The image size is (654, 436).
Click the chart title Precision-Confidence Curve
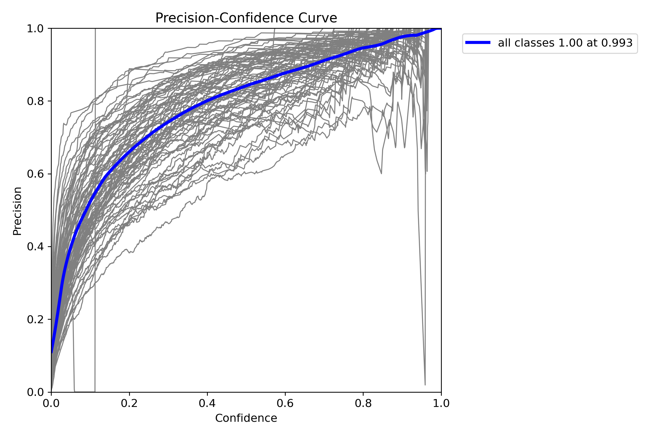pos(246,18)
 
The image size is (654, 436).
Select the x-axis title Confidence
pos(246,418)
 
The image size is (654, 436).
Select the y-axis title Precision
pos(17,211)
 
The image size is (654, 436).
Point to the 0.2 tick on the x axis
pos(129,403)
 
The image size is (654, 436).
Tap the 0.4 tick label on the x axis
pos(207,403)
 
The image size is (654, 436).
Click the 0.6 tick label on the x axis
pos(285,403)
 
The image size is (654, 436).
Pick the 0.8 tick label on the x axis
pos(363,403)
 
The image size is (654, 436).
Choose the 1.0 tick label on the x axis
pos(441,403)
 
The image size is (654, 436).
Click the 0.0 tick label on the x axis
pos(51,403)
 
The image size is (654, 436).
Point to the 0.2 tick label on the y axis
pos(35,319)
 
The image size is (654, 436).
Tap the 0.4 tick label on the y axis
pos(35,247)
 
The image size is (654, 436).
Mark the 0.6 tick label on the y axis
pos(35,174)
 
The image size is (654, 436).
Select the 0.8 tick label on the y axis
pos(35,101)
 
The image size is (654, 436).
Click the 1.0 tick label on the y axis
pos(35,29)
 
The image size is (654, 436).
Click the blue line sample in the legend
pos(478,43)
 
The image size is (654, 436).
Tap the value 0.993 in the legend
pos(617,43)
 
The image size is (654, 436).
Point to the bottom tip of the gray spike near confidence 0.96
pos(425,385)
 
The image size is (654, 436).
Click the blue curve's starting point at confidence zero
pos(52,352)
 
